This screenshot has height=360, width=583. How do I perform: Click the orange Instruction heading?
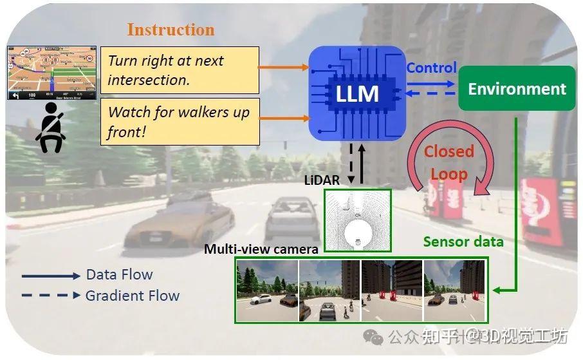pos(171,30)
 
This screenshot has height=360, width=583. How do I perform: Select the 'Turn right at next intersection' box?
pos(180,70)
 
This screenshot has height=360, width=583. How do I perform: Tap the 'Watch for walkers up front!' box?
pos(180,121)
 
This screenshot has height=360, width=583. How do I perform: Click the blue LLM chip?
pos(356,94)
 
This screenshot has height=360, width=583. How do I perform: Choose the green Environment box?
pos(517,89)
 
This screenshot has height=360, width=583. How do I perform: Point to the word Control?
pos(431,68)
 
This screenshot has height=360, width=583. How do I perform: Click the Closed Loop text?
pos(449,162)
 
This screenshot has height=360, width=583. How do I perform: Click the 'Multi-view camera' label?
pos(261,249)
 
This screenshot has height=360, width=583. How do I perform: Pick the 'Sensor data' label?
pos(463,242)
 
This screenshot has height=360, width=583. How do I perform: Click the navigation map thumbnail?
pos(51,73)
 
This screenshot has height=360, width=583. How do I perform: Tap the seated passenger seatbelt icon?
pos(51,129)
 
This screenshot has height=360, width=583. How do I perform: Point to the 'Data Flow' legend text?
pos(119,274)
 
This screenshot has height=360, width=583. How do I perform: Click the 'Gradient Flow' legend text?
pos(133,296)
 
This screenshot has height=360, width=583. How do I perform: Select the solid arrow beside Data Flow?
pos(51,276)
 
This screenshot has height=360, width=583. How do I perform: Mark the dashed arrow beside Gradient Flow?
pos(51,296)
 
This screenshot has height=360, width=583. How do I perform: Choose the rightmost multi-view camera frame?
pos(454,290)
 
